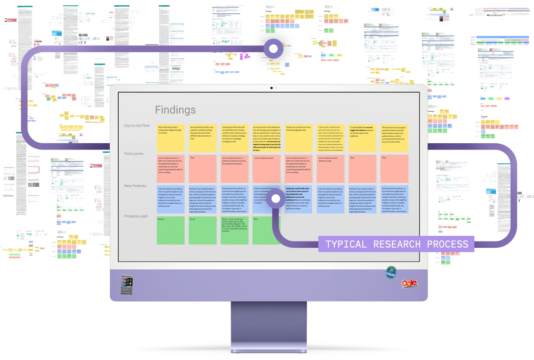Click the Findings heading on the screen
175,110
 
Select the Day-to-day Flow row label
137,126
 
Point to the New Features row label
135,186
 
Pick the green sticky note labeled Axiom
170,230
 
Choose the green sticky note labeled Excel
202,230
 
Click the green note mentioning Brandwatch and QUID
234,230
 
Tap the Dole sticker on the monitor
409,284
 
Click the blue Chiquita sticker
391,273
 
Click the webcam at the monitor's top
272,88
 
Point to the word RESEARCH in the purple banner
397,244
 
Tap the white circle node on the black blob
273,48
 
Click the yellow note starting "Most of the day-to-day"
170,138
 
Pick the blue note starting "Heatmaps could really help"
298,199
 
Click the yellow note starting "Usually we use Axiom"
298,138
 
